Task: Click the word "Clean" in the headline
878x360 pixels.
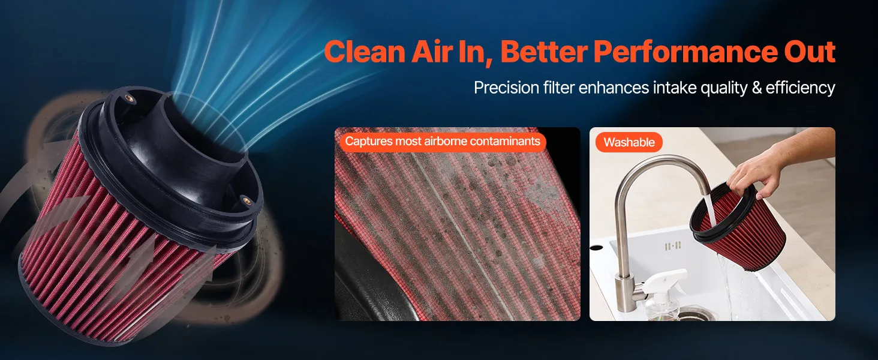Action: (x=365, y=52)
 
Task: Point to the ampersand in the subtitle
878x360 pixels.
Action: (x=757, y=88)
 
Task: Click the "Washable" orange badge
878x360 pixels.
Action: (x=629, y=142)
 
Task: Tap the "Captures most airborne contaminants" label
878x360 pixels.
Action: (x=443, y=141)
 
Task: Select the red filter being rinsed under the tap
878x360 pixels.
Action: (x=737, y=227)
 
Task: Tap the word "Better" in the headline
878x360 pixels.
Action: (x=544, y=52)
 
